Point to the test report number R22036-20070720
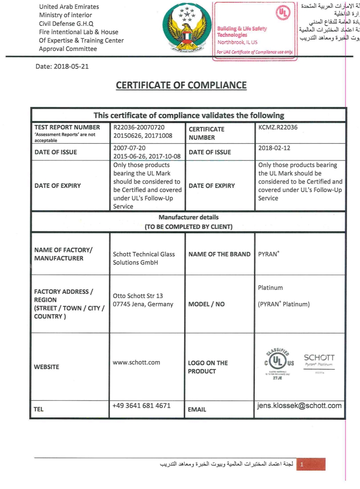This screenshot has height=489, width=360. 139,127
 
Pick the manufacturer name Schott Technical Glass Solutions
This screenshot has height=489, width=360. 136,258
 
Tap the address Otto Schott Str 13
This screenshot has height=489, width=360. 138,296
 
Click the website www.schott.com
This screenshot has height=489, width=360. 136,362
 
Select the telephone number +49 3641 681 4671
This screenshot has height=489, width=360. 141,406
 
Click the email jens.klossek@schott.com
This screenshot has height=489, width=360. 299,406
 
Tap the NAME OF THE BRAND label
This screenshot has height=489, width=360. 219,254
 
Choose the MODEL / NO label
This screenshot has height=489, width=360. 206,304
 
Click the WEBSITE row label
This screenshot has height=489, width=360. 47,367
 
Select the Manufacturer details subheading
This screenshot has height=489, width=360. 188,217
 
